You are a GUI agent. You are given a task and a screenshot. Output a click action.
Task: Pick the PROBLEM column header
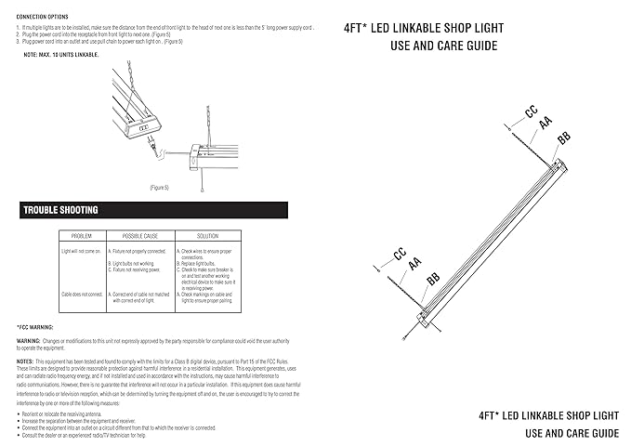click(82, 237)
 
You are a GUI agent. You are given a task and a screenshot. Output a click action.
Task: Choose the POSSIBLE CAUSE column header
click(138, 237)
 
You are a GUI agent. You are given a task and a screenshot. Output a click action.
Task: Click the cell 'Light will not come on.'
click(81, 251)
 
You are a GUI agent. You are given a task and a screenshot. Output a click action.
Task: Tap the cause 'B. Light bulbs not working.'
click(132, 263)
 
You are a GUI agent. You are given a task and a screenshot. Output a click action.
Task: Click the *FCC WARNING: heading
click(35, 327)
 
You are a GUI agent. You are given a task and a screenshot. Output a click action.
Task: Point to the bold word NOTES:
click(26, 359)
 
